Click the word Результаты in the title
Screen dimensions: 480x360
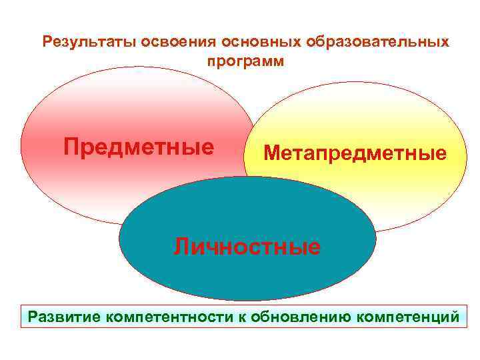(82, 42)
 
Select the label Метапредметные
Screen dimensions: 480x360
(355, 154)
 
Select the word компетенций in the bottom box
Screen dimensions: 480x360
(408, 315)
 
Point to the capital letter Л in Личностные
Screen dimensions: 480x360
(182, 247)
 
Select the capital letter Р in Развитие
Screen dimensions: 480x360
(32, 315)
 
